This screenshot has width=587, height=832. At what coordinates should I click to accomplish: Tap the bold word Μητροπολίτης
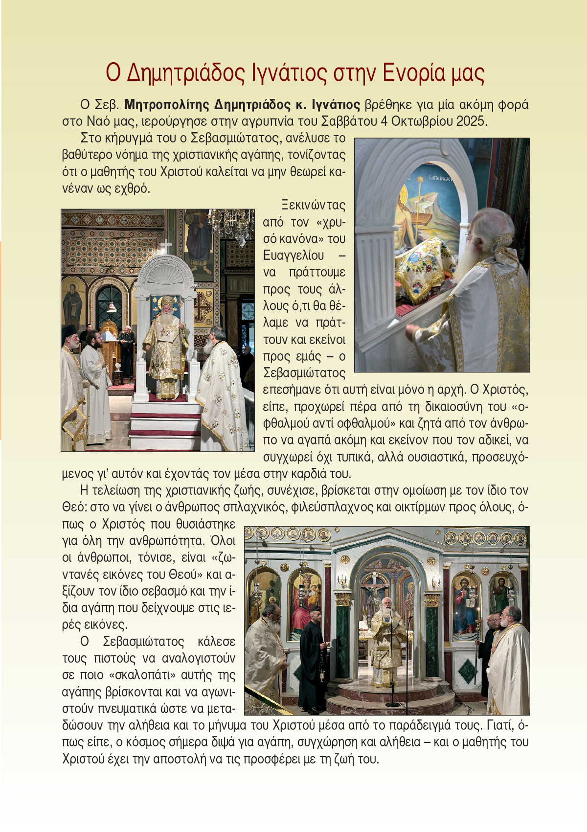coord(167,105)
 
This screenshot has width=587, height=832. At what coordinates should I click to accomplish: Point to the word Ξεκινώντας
coord(313,205)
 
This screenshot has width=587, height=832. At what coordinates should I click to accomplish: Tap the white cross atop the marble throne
coord(166,246)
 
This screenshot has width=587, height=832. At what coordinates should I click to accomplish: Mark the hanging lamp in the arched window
coord(112,306)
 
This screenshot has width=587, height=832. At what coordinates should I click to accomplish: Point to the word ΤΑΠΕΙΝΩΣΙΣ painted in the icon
coord(439,179)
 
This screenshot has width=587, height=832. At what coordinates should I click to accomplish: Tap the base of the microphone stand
coord(393,704)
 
